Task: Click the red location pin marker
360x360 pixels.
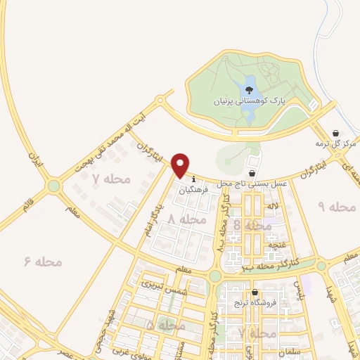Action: pos(181,165)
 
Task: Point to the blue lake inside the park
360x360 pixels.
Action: pos(248,89)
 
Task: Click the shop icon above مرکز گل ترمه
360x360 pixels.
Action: pos(336,132)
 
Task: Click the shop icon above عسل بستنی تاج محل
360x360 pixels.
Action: pos(252,173)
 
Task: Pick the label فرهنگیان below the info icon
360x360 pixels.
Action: pos(193,189)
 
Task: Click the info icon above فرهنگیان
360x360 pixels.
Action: pos(193,179)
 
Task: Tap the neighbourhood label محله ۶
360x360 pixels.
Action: pos(44,262)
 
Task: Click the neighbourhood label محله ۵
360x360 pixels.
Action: pos(167,326)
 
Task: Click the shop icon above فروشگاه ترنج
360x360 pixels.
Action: pos(255,292)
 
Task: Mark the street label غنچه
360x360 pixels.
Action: pos(278,244)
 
